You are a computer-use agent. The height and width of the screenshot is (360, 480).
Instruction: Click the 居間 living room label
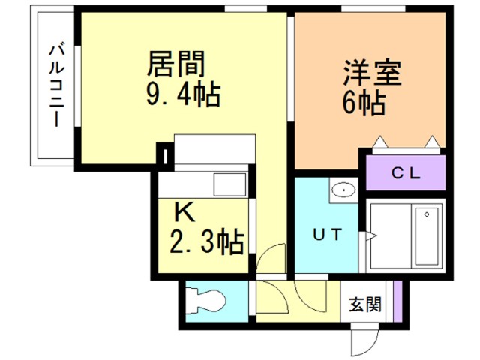point(177,65)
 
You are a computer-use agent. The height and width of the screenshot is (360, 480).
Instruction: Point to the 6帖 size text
point(364,102)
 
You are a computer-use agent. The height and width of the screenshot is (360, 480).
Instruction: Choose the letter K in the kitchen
point(184,211)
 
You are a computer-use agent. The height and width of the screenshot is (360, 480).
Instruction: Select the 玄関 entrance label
point(364,304)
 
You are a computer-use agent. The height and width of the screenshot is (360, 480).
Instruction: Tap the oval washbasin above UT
point(343,190)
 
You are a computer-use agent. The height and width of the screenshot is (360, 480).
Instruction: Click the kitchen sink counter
point(202,184)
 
